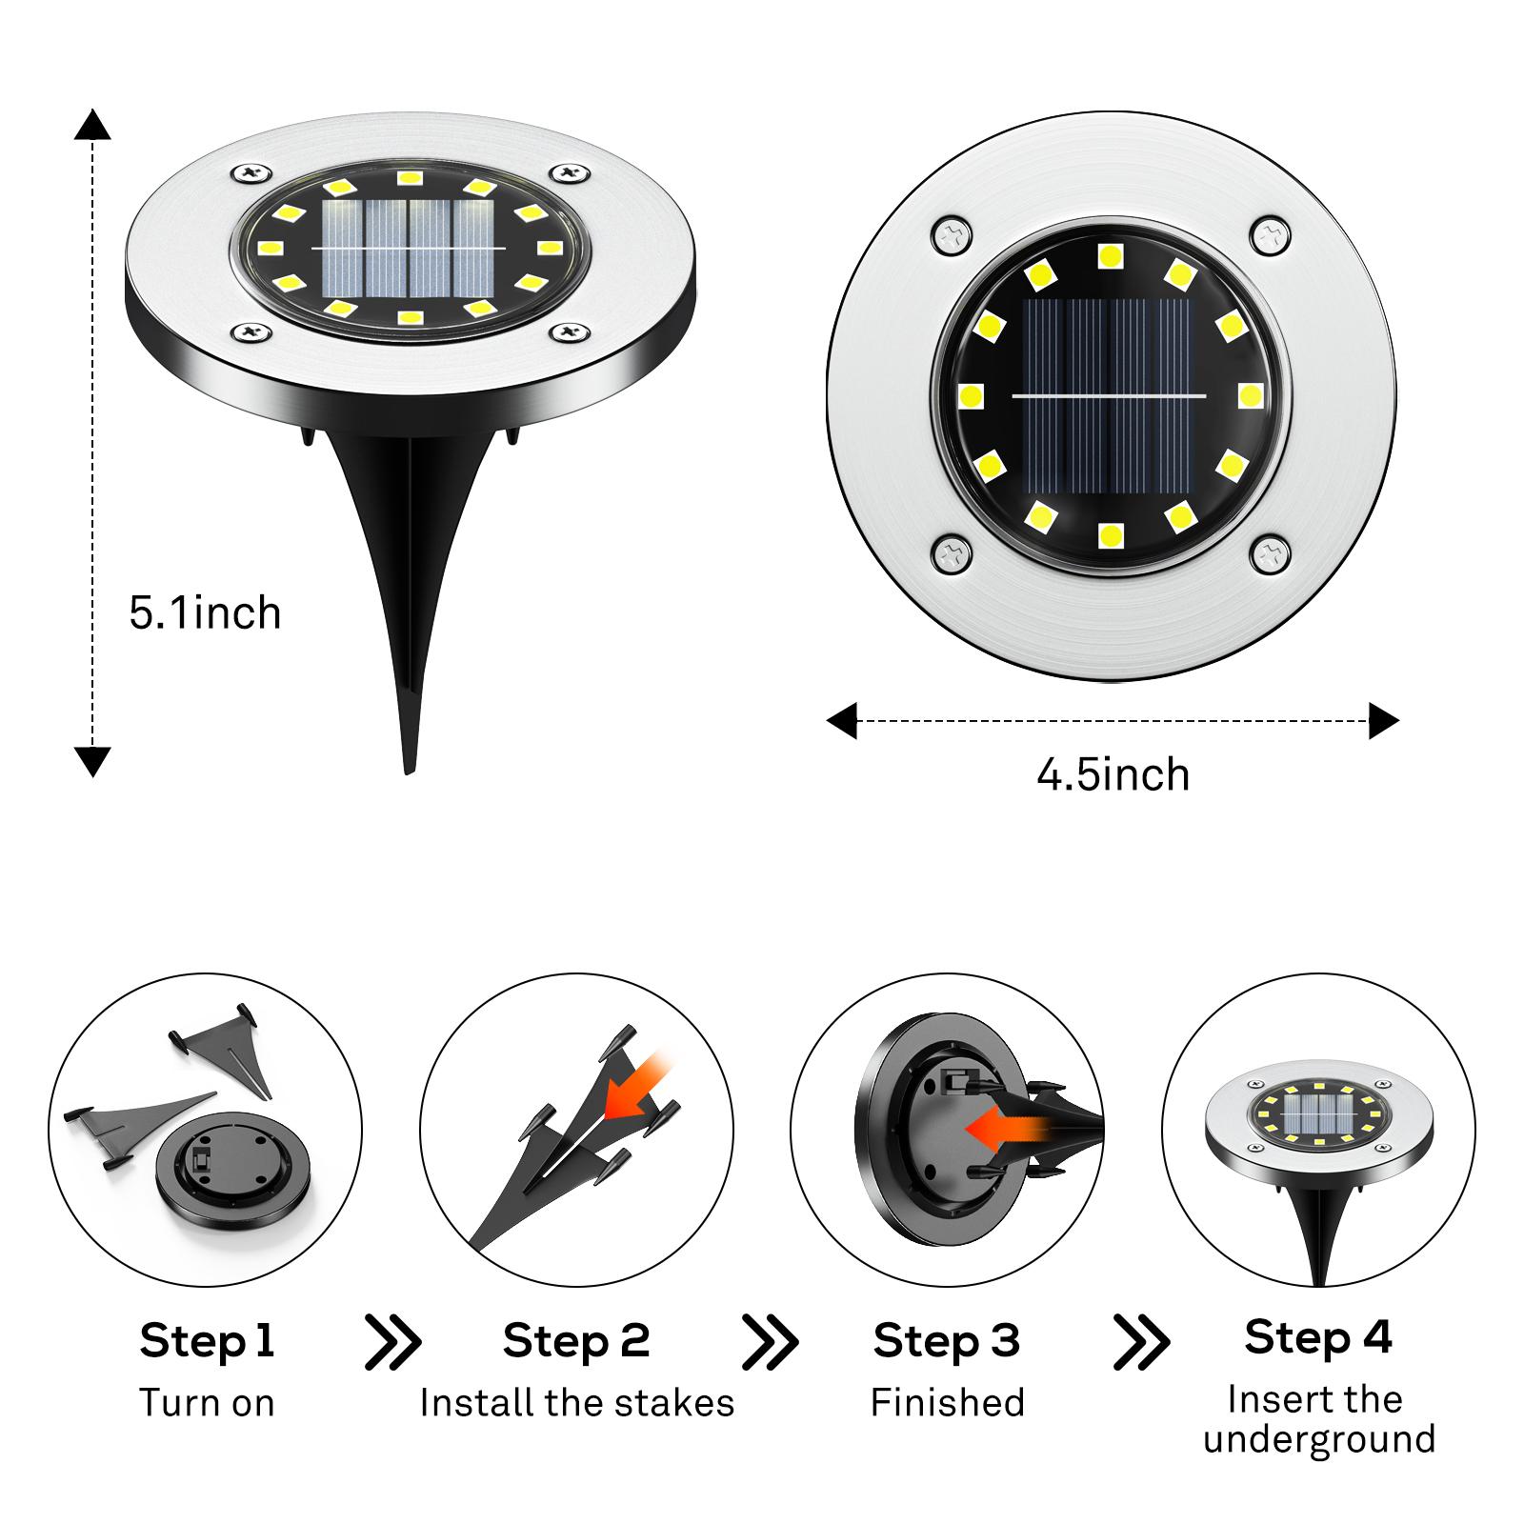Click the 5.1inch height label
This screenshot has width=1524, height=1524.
click(205, 612)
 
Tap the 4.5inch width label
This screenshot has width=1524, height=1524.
click(1113, 774)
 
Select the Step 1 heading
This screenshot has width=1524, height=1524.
click(207, 1340)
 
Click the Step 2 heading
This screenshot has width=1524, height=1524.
click(576, 1340)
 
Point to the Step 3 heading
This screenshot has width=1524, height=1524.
click(946, 1340)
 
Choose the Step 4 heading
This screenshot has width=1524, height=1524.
click(1317, 1336)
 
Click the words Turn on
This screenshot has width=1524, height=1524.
click(207, 1402)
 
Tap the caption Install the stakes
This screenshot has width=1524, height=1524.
click(576, 1402)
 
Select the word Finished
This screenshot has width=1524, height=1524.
click(947, 1402)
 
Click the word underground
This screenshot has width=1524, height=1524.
click(1318, 1438)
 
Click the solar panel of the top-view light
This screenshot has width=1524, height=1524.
click(1109, 395)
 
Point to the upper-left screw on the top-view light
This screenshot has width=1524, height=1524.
click(950, 235)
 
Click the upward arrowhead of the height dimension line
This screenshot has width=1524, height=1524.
click(92, 124)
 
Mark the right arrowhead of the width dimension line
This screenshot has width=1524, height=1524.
click(1384, 721)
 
